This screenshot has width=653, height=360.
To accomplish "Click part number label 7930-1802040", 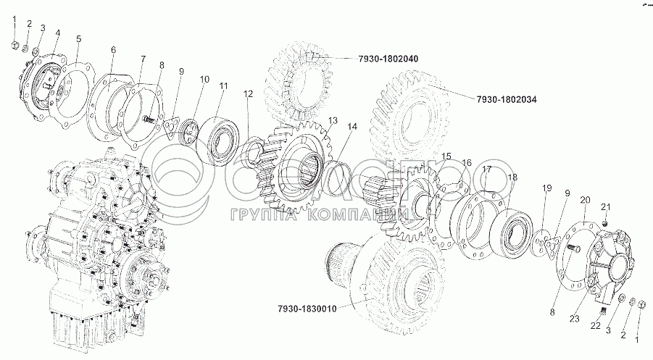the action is coord(391,57).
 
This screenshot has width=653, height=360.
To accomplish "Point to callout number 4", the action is coord(57,33).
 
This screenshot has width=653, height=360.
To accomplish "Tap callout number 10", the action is coord(204,78).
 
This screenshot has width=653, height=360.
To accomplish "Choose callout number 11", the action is coord(224,85).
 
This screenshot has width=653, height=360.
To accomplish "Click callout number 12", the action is coord(249,93).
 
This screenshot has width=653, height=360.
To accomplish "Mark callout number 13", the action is coord(333,120).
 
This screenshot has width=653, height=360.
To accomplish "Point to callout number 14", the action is coord(352,127).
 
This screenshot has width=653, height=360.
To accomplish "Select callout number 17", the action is coord(488,169).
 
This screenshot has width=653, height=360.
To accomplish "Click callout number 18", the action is coord(513,177).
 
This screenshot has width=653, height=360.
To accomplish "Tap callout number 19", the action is coord(547,188).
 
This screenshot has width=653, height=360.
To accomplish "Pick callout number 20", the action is coord(585,199).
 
